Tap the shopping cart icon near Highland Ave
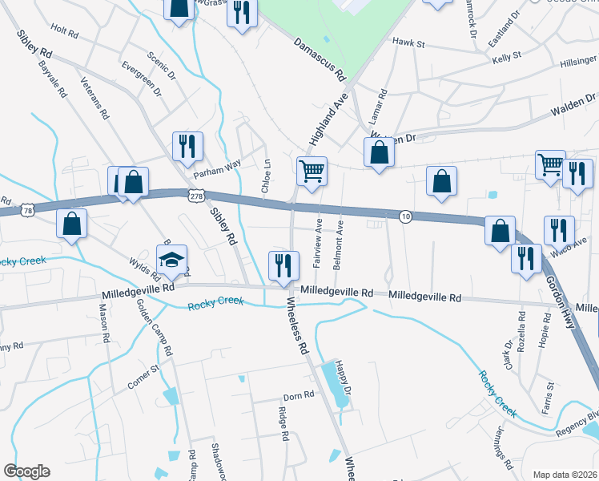click(x=312, y=170)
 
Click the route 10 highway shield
click(x=406, y=216)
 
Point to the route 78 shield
click(x=28, y=210)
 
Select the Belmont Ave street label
click(x=340, y=232)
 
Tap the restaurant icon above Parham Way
click(x=187, y=146)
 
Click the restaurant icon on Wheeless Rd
click(x=283, y=265)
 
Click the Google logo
click(x=26, y=471)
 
